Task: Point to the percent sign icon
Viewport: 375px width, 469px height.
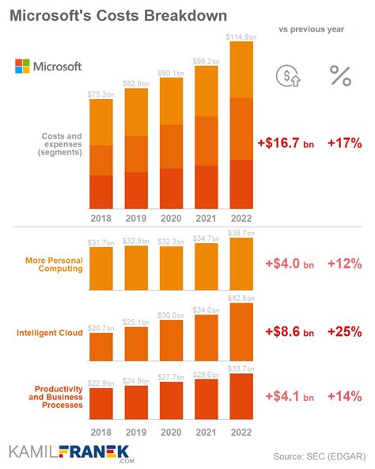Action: (340, 76)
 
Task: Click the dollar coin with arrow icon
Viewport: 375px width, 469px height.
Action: (287, 76)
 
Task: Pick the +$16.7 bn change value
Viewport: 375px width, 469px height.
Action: (285, 143)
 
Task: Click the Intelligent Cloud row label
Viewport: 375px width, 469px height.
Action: (50, 333)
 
